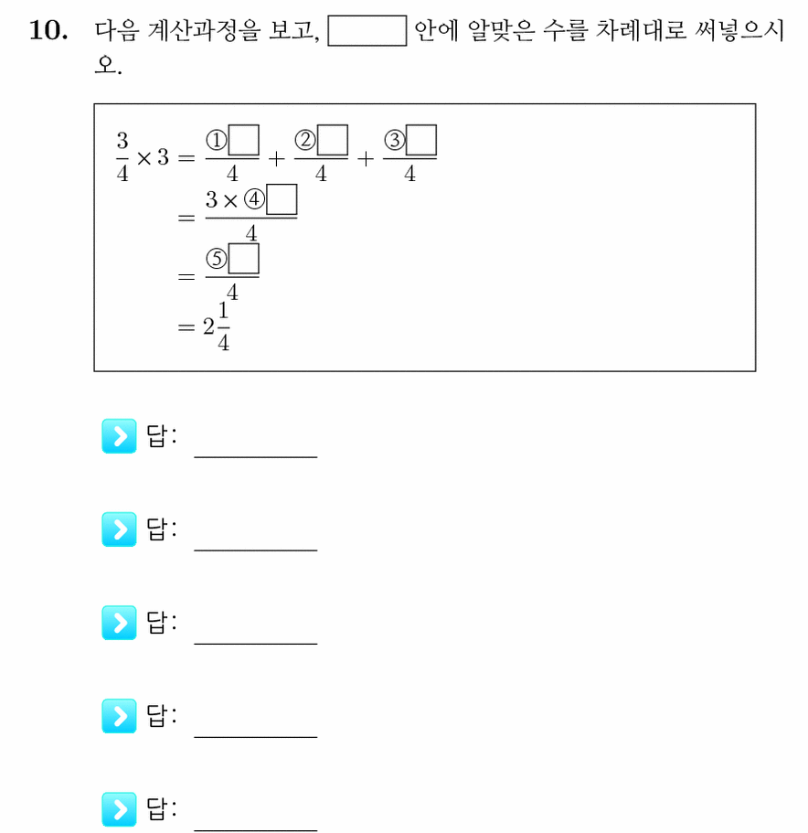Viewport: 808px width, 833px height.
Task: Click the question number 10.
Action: point(48,30)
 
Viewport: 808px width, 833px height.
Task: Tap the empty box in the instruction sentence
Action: point(367,31)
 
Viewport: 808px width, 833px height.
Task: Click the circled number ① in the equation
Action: point(216,140)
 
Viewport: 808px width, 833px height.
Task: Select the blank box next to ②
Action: point(333,140)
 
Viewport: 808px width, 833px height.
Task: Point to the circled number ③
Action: point(394,140)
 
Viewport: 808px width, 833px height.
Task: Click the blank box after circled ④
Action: point(282,199)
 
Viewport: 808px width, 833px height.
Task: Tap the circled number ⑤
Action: point(216,260)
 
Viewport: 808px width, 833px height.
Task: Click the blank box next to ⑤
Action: point(244,259)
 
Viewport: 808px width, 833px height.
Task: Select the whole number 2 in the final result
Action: point(208,326)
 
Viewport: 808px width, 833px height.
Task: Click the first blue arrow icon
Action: point(119,436)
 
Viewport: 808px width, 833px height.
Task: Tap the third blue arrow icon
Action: point(119,623)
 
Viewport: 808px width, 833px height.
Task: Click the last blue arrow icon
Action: point(119,809)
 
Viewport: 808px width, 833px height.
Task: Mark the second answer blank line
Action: point(256,550)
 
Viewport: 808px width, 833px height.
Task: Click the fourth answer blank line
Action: point(256,737)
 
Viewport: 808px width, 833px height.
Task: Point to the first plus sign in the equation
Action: point(277,159)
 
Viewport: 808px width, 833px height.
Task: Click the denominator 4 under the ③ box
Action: point(409,174)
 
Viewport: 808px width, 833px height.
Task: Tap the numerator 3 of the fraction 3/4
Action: point(122,141)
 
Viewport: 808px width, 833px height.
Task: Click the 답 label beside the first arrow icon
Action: point(157,436)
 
